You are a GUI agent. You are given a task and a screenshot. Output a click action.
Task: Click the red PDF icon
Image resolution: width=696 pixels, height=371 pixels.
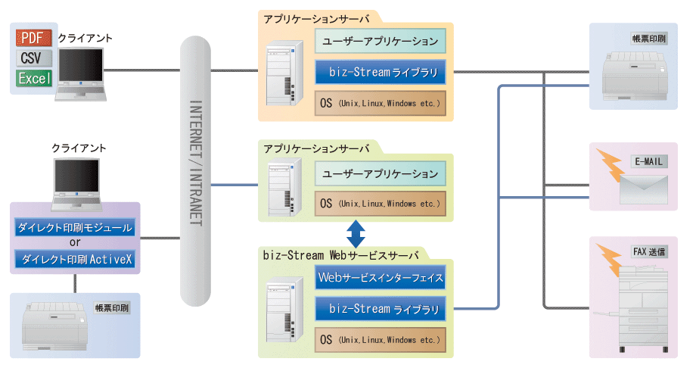[x=34, y=37]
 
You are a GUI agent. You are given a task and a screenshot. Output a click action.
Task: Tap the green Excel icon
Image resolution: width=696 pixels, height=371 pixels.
[x=34, y=78]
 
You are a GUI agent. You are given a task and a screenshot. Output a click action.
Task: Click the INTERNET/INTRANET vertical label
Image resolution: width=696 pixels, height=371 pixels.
[x=194, y=162]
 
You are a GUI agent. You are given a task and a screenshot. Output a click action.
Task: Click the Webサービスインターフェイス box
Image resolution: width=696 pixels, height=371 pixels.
[x=381, y=278]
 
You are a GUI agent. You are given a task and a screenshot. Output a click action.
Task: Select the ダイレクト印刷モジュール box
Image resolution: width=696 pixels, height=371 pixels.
[x=74, y=228]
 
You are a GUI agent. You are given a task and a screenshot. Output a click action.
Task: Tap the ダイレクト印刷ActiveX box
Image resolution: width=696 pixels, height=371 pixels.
[x=74, y=260]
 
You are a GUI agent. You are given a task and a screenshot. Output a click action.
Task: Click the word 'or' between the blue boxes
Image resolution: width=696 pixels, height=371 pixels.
[x=75, y=244]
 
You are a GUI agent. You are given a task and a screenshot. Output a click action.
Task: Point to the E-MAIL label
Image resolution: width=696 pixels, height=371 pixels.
[x=649, y=162]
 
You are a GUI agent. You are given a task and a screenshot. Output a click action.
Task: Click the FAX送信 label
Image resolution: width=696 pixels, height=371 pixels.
[x=649, y=251]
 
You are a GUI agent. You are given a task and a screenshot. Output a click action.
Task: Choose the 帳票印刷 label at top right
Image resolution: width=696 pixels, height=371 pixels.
[x=649, y=37]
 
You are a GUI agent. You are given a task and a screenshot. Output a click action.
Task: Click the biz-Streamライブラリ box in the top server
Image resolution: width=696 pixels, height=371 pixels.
[x=381, y=73]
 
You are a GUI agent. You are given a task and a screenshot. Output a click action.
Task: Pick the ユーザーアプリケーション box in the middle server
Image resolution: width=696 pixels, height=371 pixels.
[x=381, y=174]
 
